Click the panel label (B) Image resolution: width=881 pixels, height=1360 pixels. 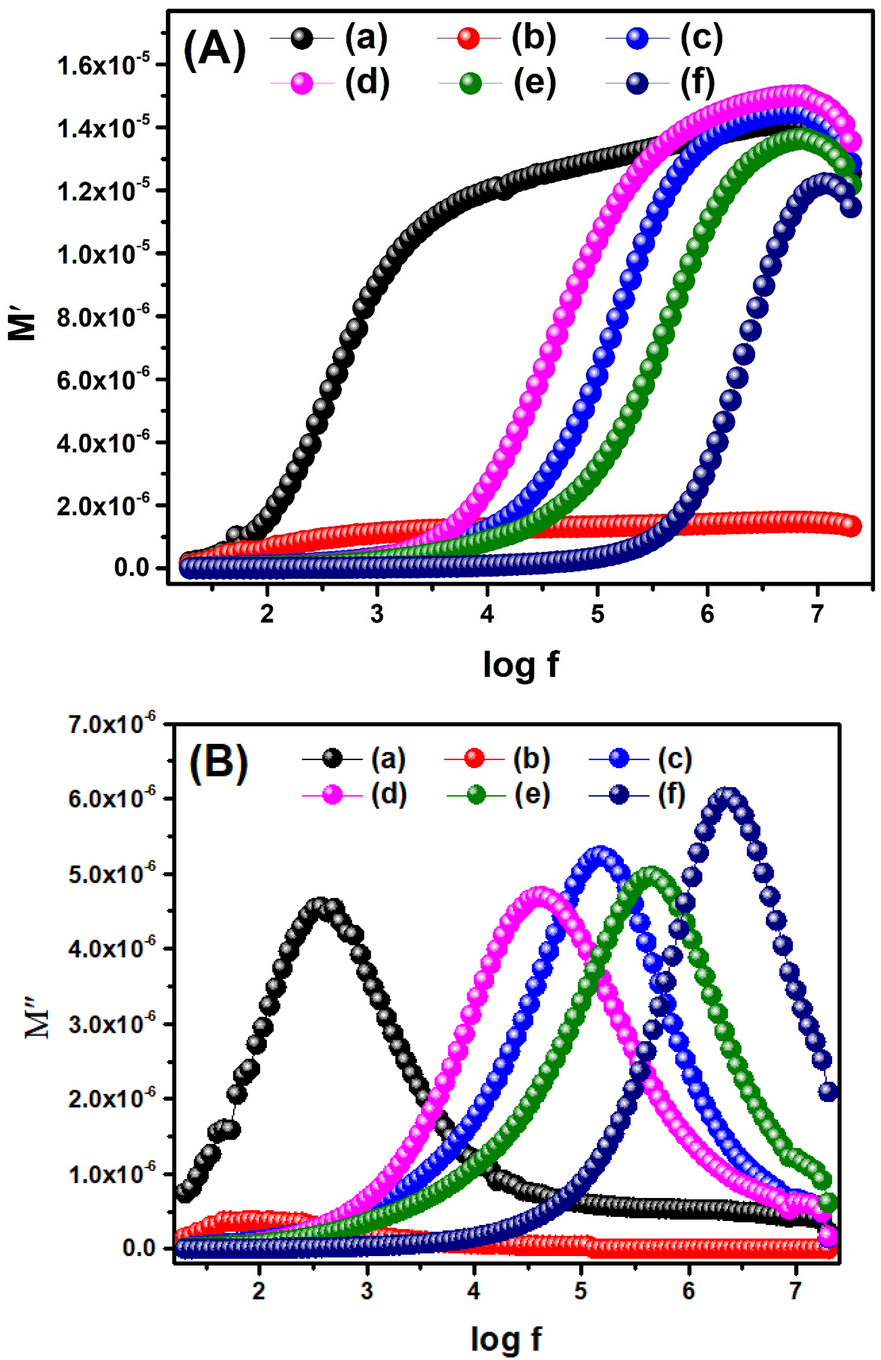click(219, 765)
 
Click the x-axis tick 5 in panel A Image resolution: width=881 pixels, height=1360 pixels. click(597, 614)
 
